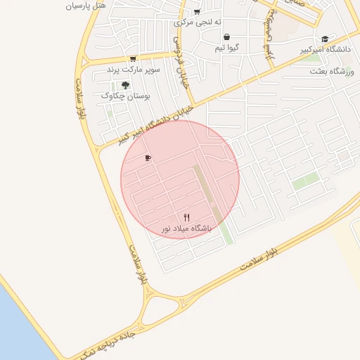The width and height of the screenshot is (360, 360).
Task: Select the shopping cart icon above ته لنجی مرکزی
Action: tap(197, 11)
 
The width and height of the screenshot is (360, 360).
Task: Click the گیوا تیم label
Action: tap(227, 49)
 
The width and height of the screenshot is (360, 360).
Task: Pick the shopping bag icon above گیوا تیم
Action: tap(226, 37)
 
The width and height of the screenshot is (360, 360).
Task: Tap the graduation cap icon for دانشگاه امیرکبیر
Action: tap(324, 39)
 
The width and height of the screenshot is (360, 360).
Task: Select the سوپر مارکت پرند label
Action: tap(134, 70)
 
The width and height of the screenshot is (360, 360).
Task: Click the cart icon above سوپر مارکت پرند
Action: tap(133, 59)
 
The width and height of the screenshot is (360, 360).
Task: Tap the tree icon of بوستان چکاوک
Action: tap(125, 84)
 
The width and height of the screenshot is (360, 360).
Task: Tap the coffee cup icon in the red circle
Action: tap(148, 157)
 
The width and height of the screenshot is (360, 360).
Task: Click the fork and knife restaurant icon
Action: tap(186, 217)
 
